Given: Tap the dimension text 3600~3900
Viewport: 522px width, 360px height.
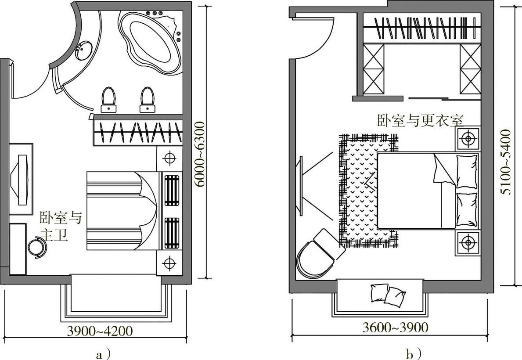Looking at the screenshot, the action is (x=395, y=328).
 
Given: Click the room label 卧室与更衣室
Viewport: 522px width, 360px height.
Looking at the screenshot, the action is (x=420, y=120).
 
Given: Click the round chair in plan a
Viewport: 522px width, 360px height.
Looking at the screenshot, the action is (x=37, y=248).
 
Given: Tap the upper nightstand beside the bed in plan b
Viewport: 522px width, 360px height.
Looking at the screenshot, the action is (x=468, y=138).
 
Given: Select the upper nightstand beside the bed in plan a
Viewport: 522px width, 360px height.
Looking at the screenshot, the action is (x=169, y=158).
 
